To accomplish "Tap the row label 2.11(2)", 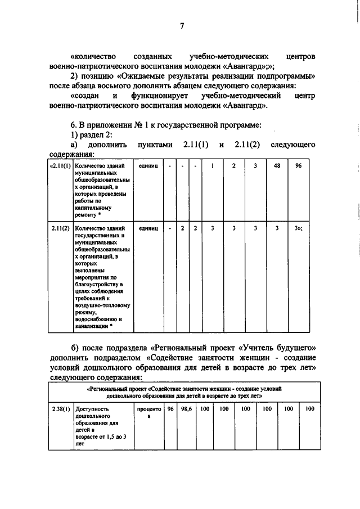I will [x=60, y=228].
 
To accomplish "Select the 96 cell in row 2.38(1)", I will [x=170, y=409].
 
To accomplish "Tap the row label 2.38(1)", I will [x=60, y=409].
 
